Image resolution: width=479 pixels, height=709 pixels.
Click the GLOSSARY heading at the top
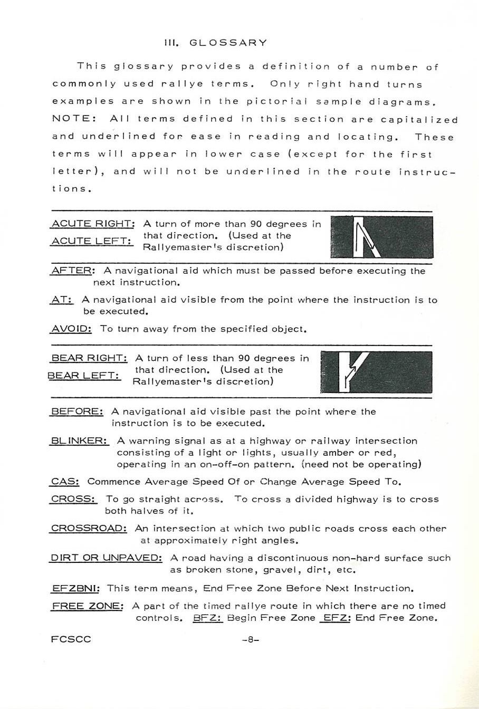[x=215, y=43]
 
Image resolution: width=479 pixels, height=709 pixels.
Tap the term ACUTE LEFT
[x=91, y=241]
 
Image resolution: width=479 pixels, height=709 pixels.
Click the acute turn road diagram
[x=381, y=237]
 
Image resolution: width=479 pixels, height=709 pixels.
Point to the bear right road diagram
[x=376, y=372]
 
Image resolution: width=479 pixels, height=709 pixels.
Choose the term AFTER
[x=72, y=271]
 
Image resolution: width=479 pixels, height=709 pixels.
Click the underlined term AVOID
[x=71, y=329]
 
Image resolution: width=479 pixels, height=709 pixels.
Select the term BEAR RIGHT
[x=89, y=358]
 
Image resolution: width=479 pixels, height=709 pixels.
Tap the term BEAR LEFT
[x=84, y=376]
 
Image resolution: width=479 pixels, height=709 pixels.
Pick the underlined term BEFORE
[x=76, y=411]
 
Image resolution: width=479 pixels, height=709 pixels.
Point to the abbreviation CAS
[x=65, y=482]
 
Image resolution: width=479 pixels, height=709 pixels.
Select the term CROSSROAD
[x=88, y=529]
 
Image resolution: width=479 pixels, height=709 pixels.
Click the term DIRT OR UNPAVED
[x=106, y=558]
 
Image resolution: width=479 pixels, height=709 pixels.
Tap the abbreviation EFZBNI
[x=76, y=588]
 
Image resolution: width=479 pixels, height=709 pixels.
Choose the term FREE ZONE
[x=87, y=606]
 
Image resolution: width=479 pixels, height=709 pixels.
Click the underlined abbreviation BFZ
[x=208, y=618]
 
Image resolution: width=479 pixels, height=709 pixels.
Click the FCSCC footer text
[x=71, y=639]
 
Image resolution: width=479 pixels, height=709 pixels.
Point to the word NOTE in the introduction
[x=73, y=119]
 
